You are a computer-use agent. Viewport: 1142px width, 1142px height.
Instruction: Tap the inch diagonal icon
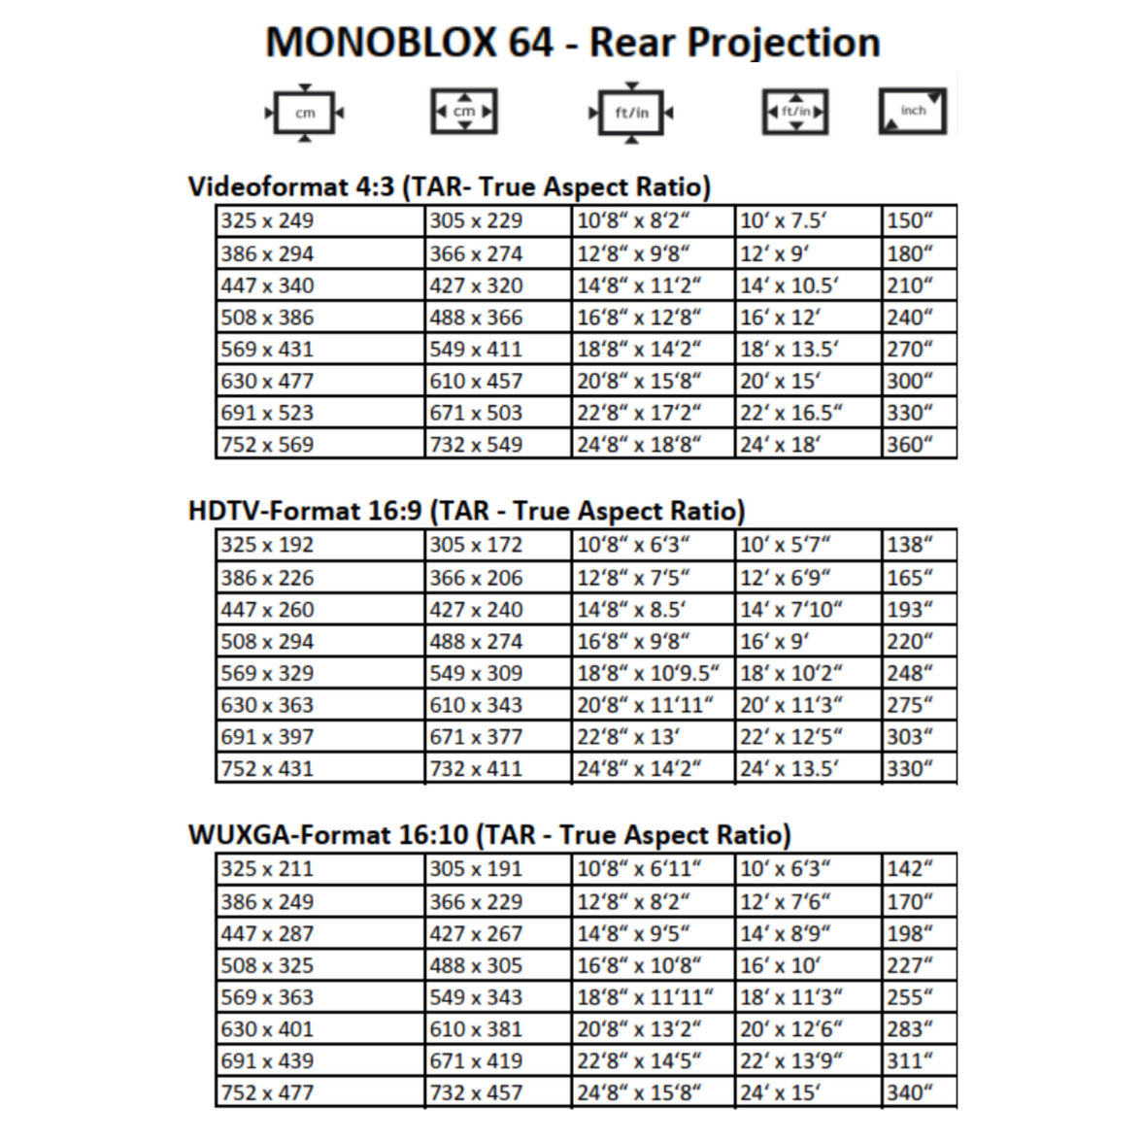tap(912, 112)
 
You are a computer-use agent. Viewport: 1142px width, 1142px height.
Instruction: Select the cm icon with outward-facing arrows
tap(305, 114)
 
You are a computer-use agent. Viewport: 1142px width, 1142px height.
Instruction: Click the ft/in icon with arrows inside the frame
tap(795, 113)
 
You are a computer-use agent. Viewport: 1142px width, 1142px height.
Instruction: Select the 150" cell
tap(919, 220)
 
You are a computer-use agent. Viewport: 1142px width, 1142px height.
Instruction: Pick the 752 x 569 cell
tap(320, 445)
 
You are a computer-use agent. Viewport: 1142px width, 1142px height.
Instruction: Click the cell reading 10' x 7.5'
tap(808, 220)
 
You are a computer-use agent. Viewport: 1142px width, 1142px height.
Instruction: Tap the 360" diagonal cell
tap(919, 445)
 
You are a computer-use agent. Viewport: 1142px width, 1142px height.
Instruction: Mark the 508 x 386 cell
tap(320, 318)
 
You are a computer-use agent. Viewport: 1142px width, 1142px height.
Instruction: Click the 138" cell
tap(919, 545)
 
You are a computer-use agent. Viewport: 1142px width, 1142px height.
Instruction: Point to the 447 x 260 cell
tap(320, 610)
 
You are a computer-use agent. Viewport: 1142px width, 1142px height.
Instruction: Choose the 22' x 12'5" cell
tap(808, 737)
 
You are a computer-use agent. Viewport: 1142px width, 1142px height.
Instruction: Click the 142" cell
tap(919, 869)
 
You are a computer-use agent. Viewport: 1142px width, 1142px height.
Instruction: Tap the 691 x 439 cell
tap(320, 1061)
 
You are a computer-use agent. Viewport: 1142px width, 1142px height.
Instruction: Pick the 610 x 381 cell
tap(498, 1029)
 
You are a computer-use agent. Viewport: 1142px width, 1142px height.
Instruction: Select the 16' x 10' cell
tap(808, 965)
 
